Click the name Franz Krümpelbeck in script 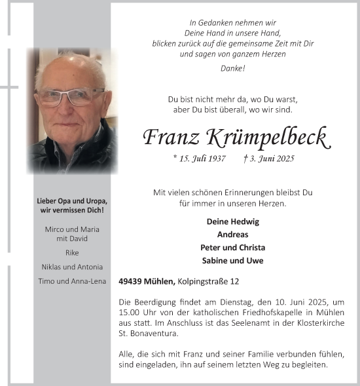(236, 138)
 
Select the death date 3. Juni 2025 (269, 159)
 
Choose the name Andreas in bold (232, 235)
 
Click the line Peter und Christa (232, 248)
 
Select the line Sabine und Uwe (232, 261)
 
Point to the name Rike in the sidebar (72, 252)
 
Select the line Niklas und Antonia (72, 267)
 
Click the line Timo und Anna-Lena (72, 281)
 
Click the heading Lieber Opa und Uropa (72, 201)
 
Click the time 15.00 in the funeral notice (129, 312)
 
